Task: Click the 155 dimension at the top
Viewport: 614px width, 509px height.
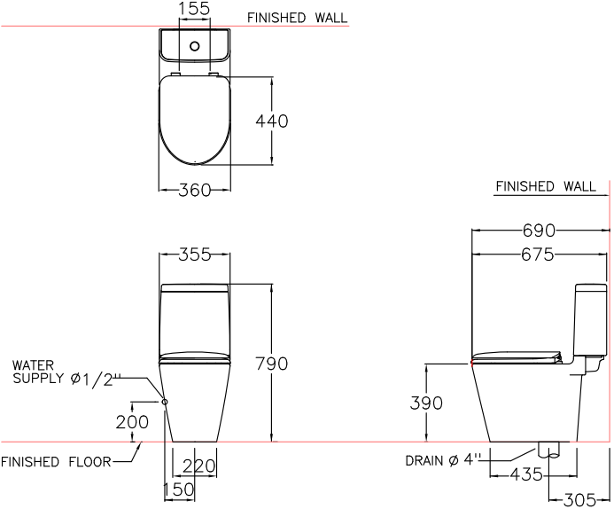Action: (194, 9)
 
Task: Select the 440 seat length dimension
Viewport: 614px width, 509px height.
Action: (272, 121)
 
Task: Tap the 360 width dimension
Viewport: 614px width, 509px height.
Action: (194, 190)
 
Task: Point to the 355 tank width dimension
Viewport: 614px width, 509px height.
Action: (194, 254)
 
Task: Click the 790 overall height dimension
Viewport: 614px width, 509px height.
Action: (271, 364)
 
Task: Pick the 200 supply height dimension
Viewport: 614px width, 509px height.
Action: (133, 422)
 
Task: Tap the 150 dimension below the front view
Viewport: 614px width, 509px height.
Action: (179, 490)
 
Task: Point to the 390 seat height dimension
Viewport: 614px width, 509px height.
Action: (426, 403)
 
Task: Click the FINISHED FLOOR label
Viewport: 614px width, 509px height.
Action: (56, 462)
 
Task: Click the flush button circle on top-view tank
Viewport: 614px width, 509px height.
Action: (193, 43)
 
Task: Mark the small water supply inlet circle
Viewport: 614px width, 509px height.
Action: (165, 401)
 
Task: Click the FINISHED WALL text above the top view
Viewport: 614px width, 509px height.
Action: (297, 18)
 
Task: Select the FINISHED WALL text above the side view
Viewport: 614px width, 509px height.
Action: (545, 187)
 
